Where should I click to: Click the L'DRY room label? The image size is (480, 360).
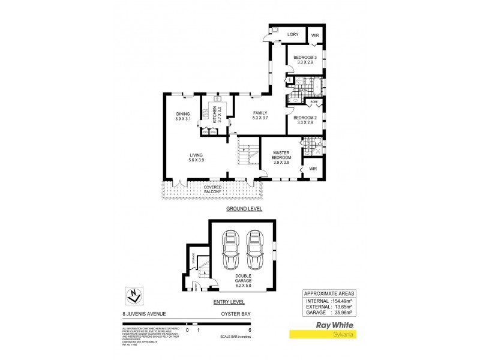(x=293, y=35)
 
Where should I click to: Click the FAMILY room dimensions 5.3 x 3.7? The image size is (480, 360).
(x=260, y=118)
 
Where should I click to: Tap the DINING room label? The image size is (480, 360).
(x=183, y=114)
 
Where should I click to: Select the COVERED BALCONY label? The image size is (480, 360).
(x=213, y=190)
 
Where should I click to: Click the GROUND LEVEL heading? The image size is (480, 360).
(x=244, y=209)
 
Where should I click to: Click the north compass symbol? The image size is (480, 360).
(x=136, y=295)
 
